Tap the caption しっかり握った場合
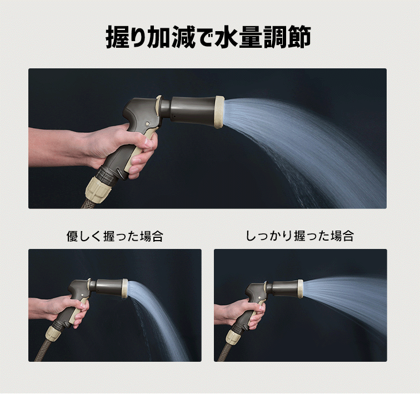tap(300, 236)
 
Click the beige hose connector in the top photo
tap(98, 186)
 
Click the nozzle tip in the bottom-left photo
tap(125, 288)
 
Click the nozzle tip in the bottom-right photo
tap(301, 289)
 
